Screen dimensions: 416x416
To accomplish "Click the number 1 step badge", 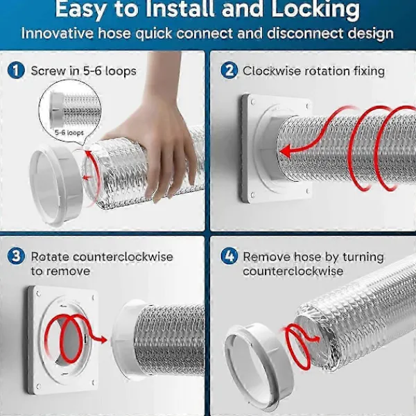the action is (x=16, y=71).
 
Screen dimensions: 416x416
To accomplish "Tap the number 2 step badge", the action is (x=229, y=71).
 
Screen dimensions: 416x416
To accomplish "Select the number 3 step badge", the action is (x=16, y=257).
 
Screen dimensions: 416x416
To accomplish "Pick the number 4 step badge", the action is (x=229, y=257).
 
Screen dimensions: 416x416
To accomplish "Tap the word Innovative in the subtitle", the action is (x=58, y=33).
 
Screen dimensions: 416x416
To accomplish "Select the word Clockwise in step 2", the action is (x=271, y=71).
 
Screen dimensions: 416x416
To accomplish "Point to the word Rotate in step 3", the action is (x=50, y=257).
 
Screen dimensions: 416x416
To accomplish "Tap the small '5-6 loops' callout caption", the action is (x=69, y=132).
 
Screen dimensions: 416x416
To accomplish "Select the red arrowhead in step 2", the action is (x=285, y=152).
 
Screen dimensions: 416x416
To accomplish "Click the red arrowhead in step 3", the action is (x=103, y=339).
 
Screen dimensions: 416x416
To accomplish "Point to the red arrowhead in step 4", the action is (x=316, y=338).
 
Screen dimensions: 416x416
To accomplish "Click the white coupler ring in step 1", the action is (x=56, y=185).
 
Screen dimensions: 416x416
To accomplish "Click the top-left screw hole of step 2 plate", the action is (x=252, y=102).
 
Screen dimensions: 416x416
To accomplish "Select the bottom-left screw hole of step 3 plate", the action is (x=39, y=386).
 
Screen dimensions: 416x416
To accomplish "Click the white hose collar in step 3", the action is (x=124, y=340).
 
